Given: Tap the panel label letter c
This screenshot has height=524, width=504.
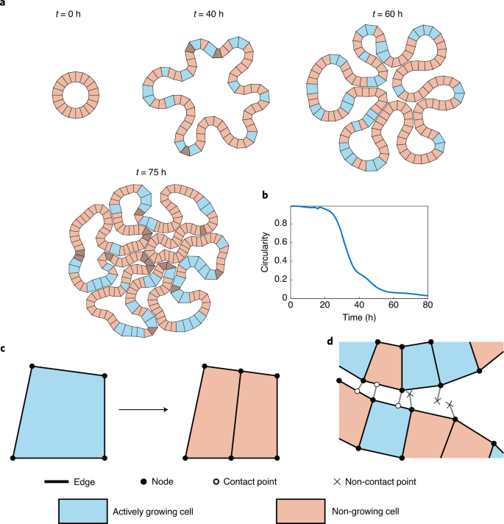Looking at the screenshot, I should coord(4,347).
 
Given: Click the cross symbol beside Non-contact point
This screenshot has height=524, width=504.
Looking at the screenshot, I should coord(336,482).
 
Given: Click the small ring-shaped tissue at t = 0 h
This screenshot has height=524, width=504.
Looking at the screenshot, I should coord(74,94).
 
